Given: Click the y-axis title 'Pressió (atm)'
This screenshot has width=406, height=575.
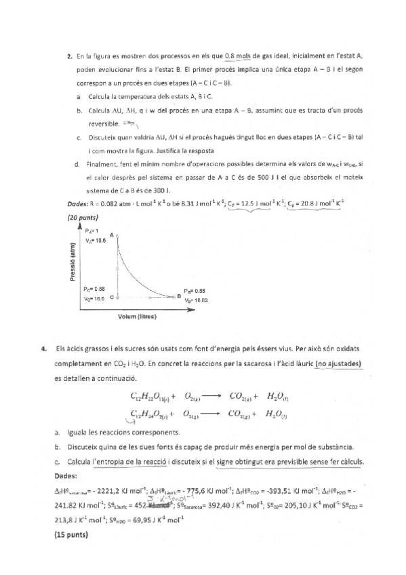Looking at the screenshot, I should tap(70, 266).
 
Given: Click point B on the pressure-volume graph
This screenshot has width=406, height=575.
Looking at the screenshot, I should tap(178, 296).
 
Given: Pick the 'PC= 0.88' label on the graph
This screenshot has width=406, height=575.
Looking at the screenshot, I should tap(94, 288).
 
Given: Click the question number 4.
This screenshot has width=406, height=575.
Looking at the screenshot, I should tap(43, 349).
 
